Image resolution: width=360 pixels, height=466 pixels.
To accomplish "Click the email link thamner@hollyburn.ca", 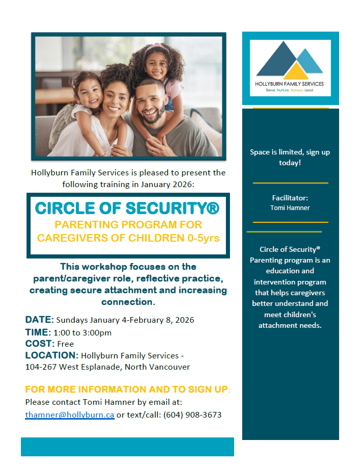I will pyautogui.click(x=70, y=415).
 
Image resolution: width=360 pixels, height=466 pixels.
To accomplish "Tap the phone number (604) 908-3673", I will pyautogui.click(x=192, y=415).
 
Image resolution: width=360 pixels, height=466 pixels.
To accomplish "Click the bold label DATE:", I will pyautogui.click(x=39, y=320).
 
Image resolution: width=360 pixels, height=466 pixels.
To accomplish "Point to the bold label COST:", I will pyautogui.click(x=40, y=344).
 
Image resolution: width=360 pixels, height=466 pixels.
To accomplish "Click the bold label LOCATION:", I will pyautogui.click(x=52, y=355).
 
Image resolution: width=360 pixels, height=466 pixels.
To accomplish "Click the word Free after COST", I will pyautogui.click(x=65, y=344).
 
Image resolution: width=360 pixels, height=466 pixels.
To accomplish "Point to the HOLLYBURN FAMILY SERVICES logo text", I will pyautogui.click(x=289, y=84).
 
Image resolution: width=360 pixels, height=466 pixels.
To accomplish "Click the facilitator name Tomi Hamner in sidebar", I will pyautogui.click(x=290, y=208).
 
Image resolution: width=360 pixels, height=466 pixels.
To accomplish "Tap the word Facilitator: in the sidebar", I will pyautogui.click(x=290, y=198).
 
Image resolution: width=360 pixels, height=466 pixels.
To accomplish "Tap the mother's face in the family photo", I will pyautogui.click(x=115, y=100).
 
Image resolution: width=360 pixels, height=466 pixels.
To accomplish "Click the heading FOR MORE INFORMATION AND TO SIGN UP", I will pyautogui.click(x=126, y=390).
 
